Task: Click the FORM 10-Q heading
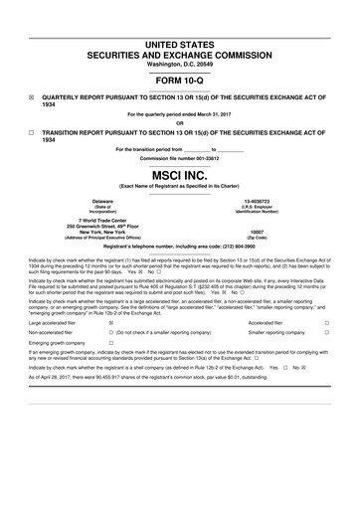180,80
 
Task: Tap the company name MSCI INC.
180,175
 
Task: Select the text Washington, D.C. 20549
180,64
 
